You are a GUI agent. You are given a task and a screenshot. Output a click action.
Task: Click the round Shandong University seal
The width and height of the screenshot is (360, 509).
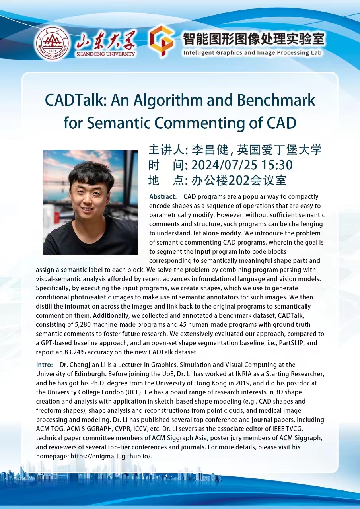51,43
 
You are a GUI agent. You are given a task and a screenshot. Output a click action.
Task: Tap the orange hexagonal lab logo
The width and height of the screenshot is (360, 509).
161,41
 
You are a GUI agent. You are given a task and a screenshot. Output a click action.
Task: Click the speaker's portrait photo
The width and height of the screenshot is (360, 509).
90,202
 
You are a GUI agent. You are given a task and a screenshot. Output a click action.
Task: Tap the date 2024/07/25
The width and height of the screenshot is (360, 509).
224,165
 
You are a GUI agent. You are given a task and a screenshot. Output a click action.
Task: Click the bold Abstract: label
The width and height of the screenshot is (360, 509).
163,197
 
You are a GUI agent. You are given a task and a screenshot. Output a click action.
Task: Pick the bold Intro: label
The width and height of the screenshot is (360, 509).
45,365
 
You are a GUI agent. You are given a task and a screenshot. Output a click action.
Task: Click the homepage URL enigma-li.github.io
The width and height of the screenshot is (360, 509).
111,456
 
